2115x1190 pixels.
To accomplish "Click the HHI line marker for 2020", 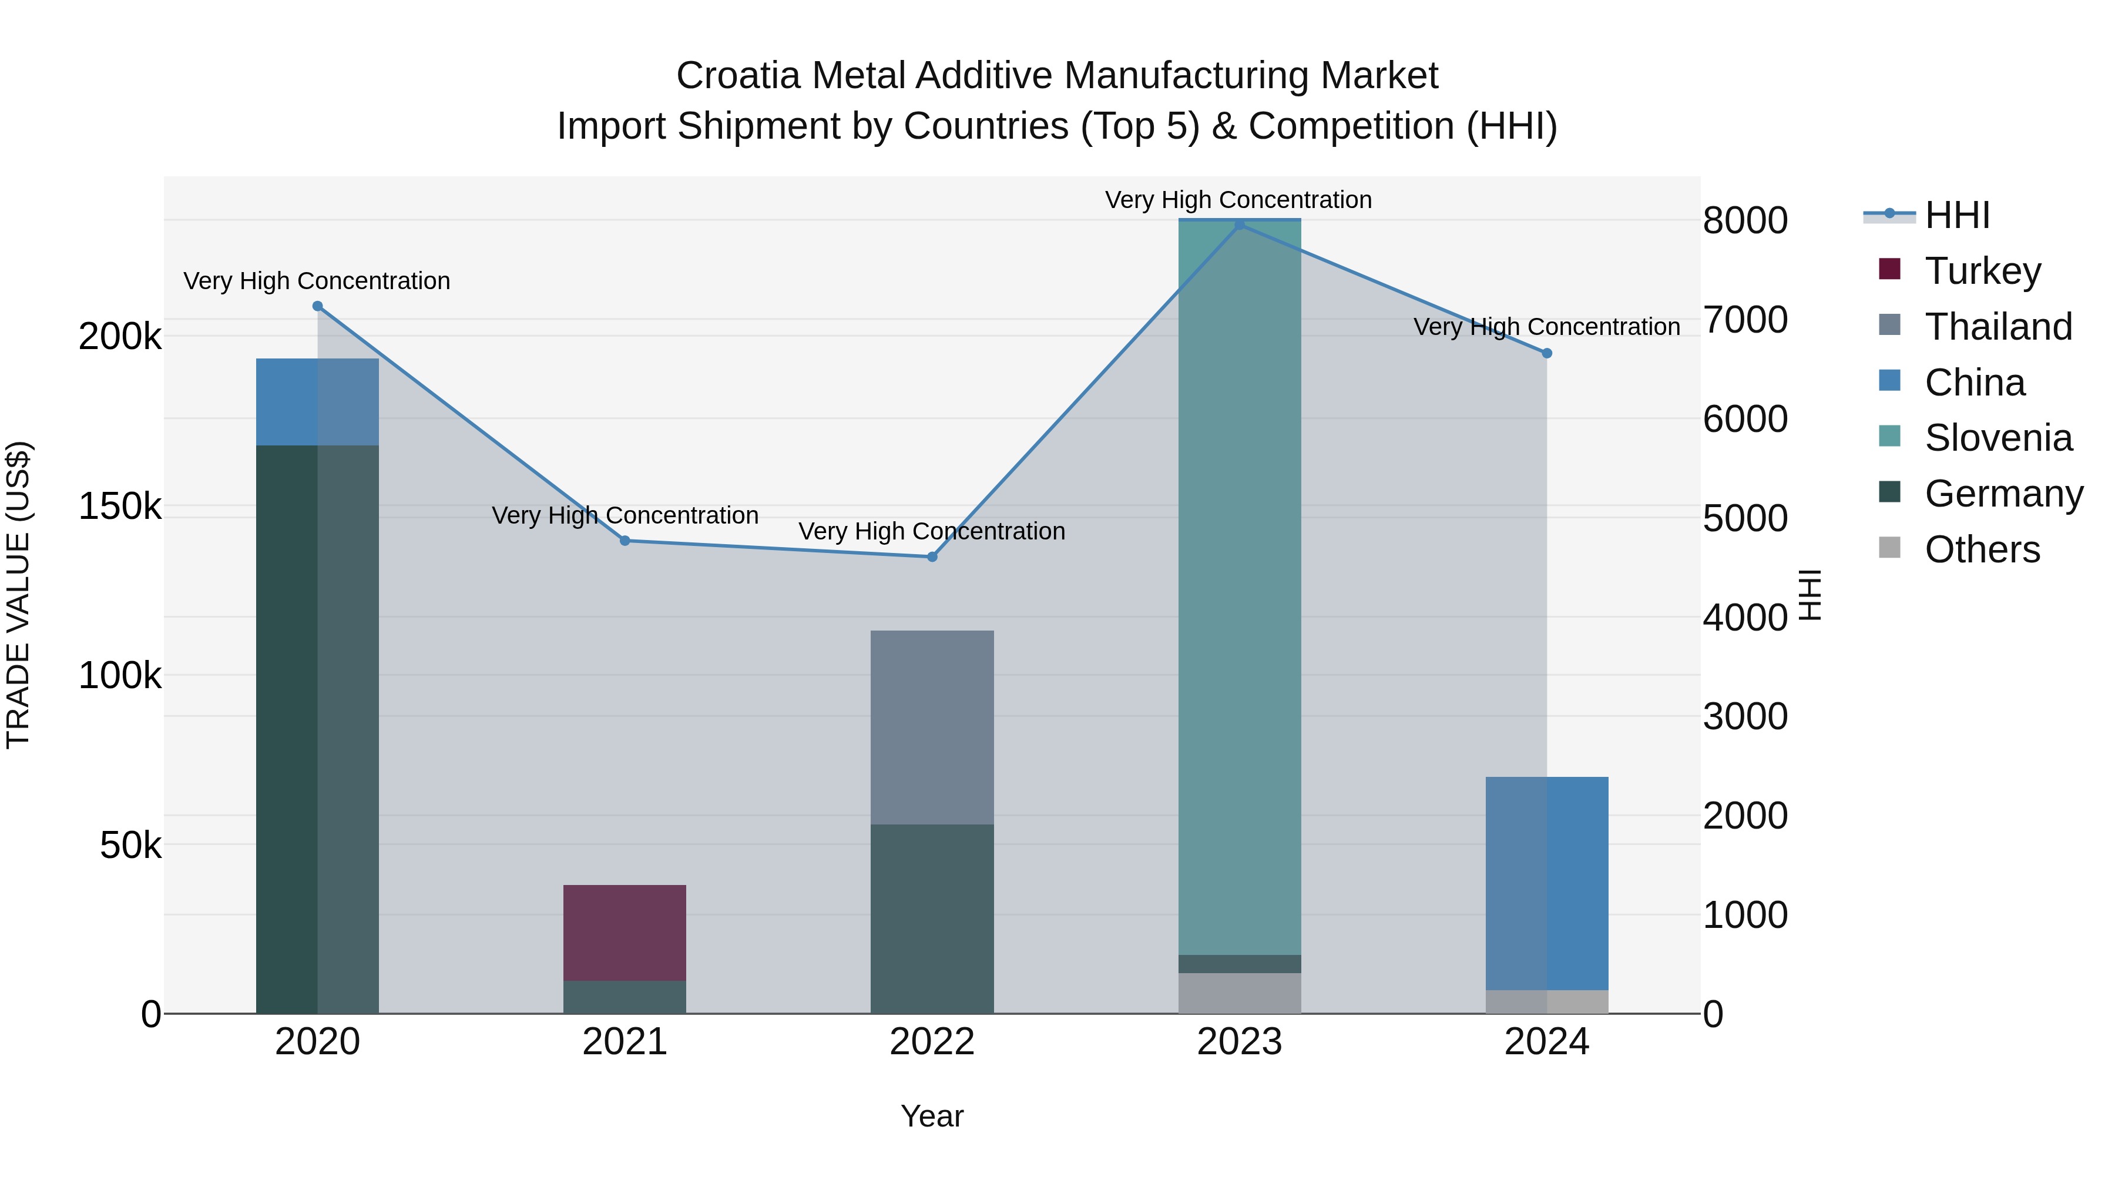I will tap(318, 306).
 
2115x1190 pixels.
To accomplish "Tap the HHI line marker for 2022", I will tap(932, 557).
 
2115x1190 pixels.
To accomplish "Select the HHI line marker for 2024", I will tap(1547, 353).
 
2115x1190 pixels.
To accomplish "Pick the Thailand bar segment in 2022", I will tap(932, 727).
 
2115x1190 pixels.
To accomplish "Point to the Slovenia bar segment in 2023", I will tap(1239, 587).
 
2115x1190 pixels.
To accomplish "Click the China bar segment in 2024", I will tap(1547, 883).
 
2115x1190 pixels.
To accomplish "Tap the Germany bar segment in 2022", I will tap(932, 918).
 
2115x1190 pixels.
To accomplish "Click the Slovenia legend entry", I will tap(1997, 438).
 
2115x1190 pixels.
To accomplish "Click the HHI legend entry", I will tap(1956, 215).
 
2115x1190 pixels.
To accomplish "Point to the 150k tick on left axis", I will tap(120, 507).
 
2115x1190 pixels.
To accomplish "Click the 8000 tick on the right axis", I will tap(1745, 221).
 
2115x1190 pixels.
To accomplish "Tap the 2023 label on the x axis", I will tap(1239, 1042).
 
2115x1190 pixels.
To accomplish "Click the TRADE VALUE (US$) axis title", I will tap(18, 595).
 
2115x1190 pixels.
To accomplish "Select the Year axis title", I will tap(932, 1116).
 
